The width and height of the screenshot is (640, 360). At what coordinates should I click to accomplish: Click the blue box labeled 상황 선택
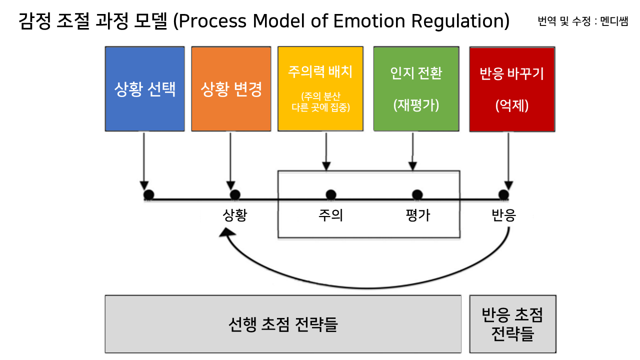click(145, 89)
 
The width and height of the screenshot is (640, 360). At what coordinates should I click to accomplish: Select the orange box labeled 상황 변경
click(231, 89)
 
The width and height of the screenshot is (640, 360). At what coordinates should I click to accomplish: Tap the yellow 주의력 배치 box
click(320, 89)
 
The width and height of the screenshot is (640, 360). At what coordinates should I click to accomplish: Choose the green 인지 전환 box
click(416, 89)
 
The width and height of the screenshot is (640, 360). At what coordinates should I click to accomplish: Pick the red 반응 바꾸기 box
click(512, 89)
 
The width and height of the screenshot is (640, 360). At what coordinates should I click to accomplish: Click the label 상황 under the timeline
click(234, 215)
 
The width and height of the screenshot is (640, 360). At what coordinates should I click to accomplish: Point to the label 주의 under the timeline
click(330, 215)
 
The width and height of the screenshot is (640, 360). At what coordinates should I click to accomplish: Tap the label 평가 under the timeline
click(417, 215)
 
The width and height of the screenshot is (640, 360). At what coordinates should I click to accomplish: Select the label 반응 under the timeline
click(503, 215)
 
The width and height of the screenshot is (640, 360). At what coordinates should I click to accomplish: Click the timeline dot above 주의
click(330, 194)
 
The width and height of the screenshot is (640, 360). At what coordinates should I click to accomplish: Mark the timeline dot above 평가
click(417, 194)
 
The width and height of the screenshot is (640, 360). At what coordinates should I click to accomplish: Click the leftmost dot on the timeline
click(148, 194)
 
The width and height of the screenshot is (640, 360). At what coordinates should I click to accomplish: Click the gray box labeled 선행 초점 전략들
click(282, 324)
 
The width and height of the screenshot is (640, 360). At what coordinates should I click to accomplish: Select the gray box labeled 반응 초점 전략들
click(512, 324)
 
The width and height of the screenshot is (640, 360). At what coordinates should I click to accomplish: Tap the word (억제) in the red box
click(512, 106)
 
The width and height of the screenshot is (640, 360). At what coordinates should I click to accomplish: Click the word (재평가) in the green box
click(416, 105)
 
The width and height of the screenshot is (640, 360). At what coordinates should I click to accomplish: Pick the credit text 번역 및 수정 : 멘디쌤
click(582, 21)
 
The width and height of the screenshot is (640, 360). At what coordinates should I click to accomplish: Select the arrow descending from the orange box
click(230, 157)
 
